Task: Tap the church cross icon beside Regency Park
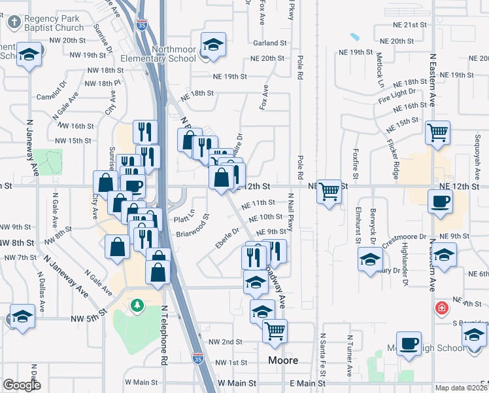14,22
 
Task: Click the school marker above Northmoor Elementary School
213,45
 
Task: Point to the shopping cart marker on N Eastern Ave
437,132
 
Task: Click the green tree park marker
137,305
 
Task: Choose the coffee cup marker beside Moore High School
409,343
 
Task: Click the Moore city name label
283,361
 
